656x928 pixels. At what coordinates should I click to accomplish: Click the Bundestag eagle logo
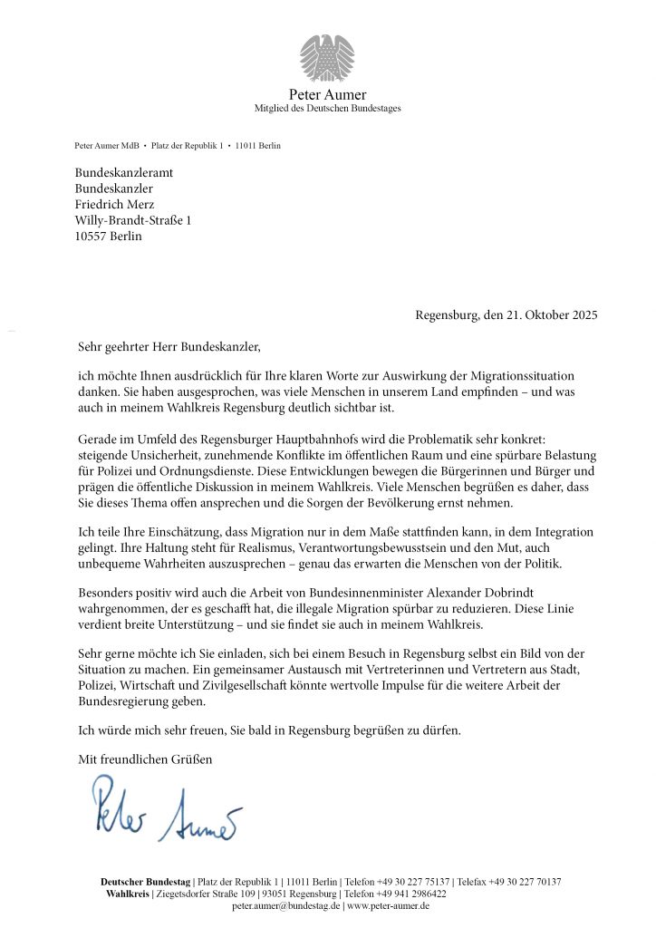tap(327, 57)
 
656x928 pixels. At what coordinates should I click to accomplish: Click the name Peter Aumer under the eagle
tap(327, 94)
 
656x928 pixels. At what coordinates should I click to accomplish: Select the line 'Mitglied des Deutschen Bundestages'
tap(327, 108)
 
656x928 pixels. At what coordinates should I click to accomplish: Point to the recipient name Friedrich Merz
tap(114, 204)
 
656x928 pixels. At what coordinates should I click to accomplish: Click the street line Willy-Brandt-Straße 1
tap(132, 220)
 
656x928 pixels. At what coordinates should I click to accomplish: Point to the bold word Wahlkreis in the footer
tap(130, 894)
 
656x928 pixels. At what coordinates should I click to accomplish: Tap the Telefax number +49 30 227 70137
tap(525, 882)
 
